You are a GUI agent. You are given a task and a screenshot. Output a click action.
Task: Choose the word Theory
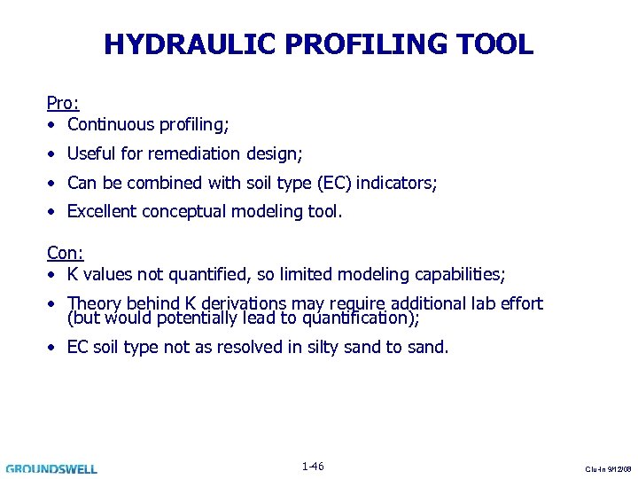(93, 303)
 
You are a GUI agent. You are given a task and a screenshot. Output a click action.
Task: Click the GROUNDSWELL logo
(51, 468)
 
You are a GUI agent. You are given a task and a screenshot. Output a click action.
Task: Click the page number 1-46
(313, 467)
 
